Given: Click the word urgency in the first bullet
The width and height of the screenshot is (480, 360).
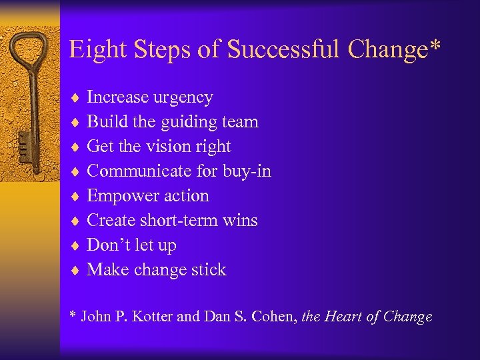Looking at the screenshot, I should coord(183,98).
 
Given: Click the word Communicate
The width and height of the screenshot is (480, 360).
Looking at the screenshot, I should coord(139,171).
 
